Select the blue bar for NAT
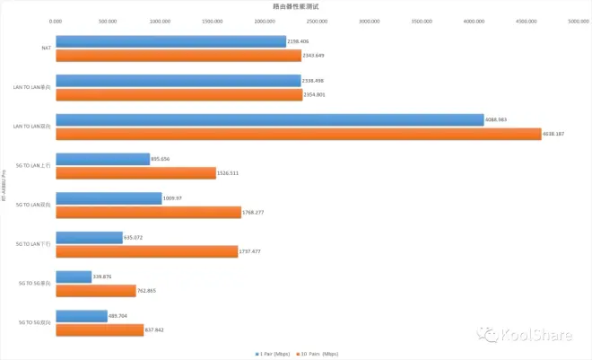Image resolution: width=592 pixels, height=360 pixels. pos(170,41)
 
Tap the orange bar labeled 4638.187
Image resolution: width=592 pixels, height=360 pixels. pos(298,134)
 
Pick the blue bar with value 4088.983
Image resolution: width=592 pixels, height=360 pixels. pos(269,119)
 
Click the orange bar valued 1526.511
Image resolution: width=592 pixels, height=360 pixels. pos(135,173)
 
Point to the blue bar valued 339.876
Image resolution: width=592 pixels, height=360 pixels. pos(74,277)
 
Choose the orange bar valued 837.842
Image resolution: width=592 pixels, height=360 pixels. pos(100,329)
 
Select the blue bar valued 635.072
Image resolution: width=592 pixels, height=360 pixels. pos(89,238)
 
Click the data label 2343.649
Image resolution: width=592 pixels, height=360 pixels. pos(316,56)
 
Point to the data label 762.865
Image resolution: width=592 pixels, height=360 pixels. pos(149,291)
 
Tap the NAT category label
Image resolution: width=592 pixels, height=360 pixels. pos(46,48)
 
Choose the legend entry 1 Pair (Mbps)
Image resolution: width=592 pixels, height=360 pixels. pos(274,354)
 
